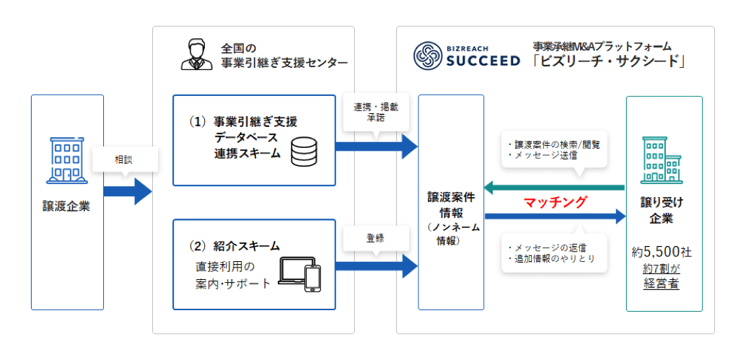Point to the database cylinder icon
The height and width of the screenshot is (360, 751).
click(303, 152)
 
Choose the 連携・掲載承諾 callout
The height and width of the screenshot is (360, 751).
click(375, 112)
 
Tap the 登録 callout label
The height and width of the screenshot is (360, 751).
click(375, 236)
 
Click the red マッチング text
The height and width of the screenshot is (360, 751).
click(555, 201)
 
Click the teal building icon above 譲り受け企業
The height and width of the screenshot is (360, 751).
click(662, 160)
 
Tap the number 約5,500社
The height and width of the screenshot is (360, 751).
click(662, 253)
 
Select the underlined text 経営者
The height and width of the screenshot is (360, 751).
click(662, 283)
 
